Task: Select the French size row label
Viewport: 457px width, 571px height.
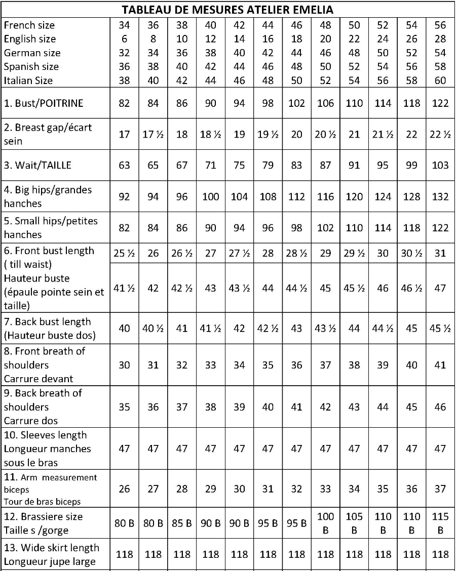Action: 29,25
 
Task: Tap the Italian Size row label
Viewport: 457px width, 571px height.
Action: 28,80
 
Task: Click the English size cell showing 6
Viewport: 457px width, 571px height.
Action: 124,39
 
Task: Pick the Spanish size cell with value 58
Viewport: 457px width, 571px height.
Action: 440,66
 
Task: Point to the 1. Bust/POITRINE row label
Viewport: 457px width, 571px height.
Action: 44,103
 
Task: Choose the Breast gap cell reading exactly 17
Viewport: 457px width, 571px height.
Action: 124,134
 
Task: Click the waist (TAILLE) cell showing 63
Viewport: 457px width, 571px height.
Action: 124,166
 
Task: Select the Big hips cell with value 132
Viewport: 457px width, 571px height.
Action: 440,196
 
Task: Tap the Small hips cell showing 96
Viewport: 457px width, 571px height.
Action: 268,227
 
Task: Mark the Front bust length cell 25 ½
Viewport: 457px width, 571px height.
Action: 124,253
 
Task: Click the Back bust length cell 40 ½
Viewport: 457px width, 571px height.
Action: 153,328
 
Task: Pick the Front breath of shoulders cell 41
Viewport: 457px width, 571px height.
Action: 440,365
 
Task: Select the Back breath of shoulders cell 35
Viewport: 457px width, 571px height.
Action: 124,407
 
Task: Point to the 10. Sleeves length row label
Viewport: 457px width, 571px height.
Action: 46,435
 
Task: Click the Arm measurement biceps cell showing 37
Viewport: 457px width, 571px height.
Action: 440,489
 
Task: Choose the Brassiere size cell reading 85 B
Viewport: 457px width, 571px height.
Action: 182,523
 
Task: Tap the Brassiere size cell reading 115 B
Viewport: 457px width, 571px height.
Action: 440,523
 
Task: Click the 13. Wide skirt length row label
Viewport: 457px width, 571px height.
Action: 52,548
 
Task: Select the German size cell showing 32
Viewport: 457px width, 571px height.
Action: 124,53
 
